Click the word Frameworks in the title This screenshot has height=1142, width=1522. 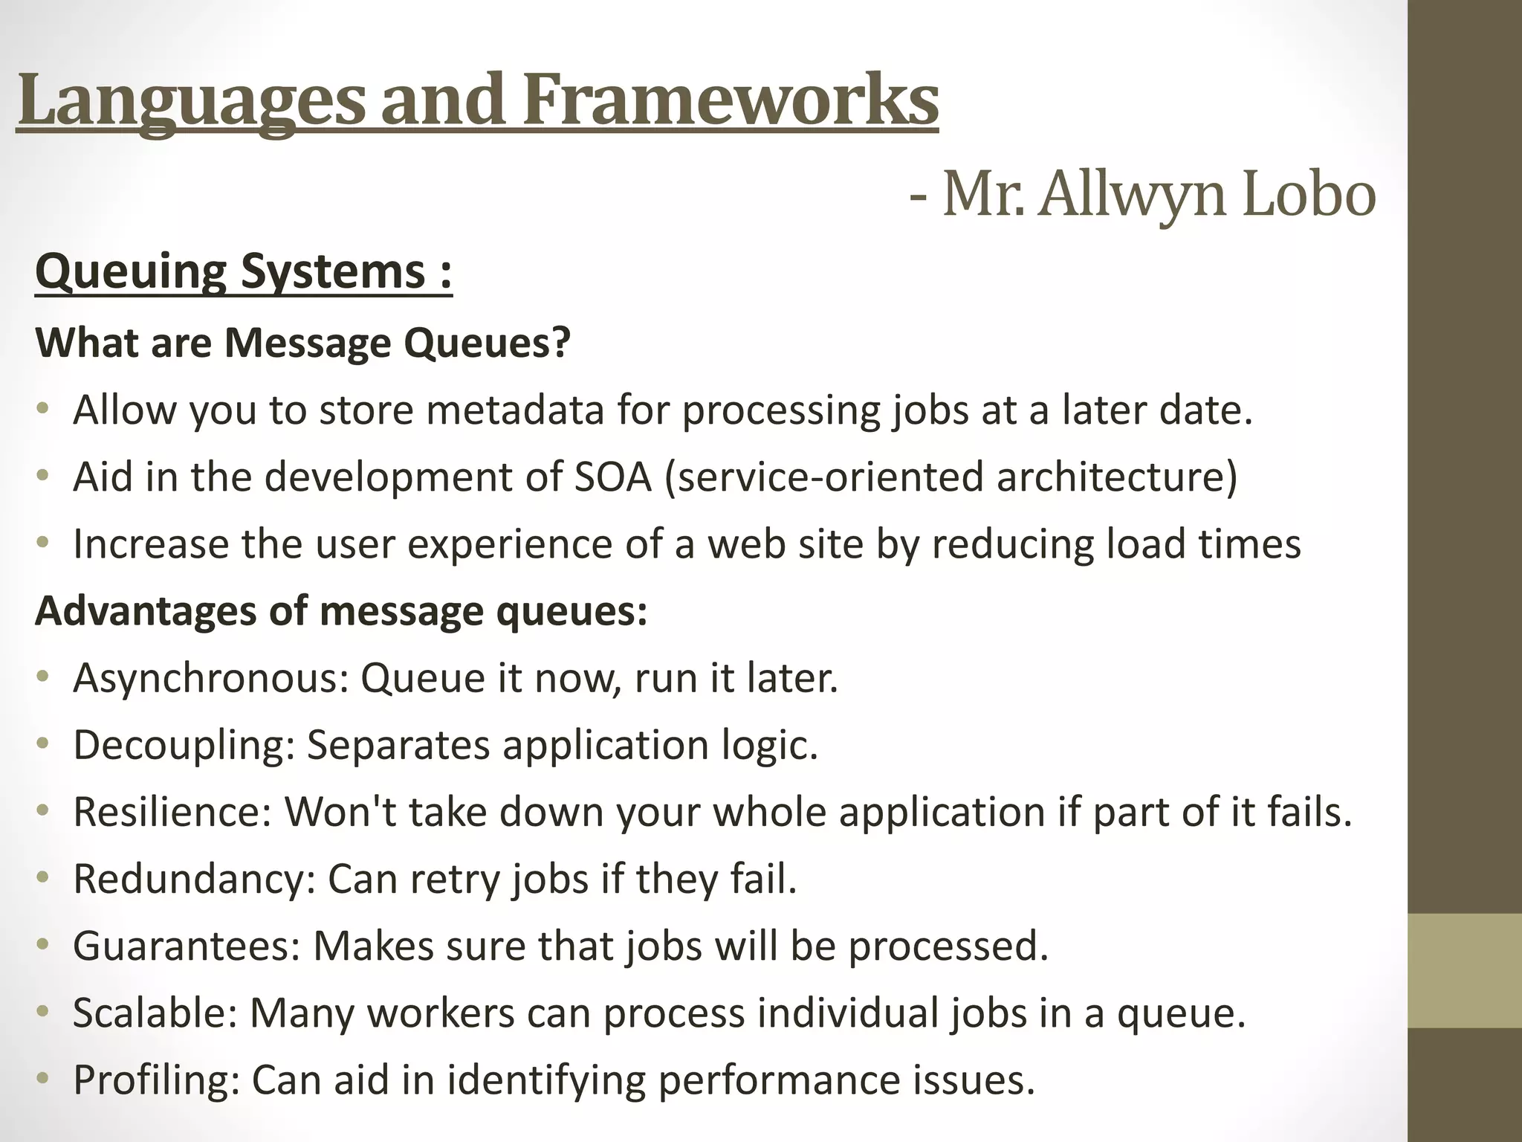pyautogui.click(x=731, y=100)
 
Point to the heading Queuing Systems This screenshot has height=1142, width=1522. pyautogui.click(x=243, y=272)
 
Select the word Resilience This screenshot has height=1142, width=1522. pyautogui.click(x=173, y=812)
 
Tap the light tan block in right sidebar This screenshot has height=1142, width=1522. pyautogui.click(x=1464, y=970)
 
